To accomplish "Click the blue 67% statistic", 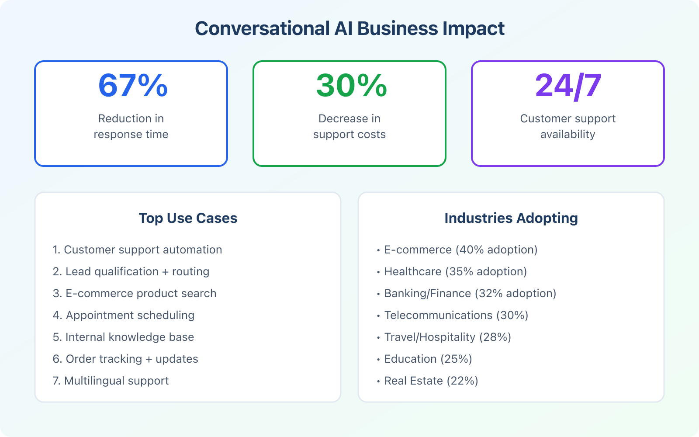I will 133,85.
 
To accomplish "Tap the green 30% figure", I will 351,85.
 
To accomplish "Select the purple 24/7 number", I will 568,85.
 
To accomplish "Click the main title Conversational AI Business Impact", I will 349,29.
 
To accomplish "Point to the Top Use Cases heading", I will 188,218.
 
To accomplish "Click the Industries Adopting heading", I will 511,218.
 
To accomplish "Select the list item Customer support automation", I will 137,250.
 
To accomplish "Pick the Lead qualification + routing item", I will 131,271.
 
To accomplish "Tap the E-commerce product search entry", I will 135,293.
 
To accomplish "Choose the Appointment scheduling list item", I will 124,315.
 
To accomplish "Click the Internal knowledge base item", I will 123,337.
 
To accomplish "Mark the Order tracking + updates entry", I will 125,359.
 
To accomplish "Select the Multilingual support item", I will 111,381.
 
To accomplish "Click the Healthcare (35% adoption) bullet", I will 455,271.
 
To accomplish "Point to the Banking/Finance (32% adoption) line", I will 470,293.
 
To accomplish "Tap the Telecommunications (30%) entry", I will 456,315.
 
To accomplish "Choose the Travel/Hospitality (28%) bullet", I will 447,337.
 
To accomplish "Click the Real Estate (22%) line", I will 431,381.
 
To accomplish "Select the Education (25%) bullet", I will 428,359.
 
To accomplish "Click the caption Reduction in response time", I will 131,126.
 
